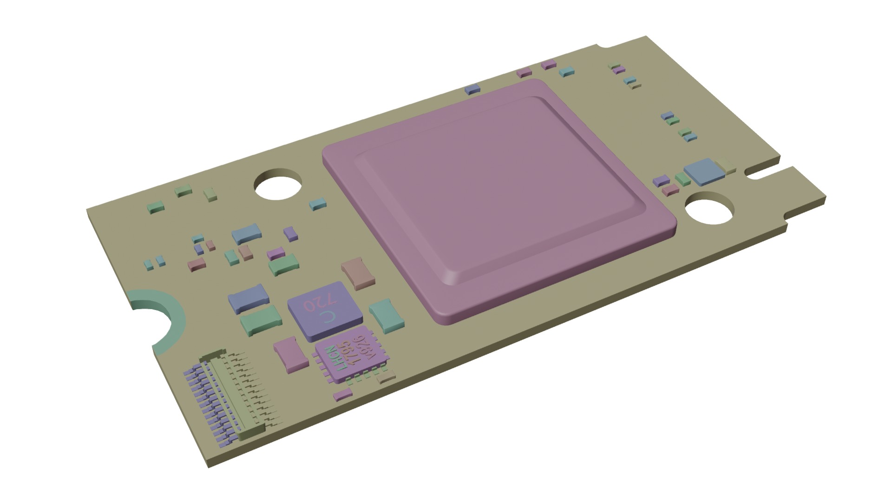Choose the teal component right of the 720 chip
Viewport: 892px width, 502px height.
(x=387, y=315)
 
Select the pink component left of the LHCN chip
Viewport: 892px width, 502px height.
(x=290, y=355)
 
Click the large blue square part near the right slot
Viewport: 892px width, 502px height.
(x=704, y=171)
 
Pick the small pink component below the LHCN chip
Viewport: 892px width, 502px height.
(x=343, y=395)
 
